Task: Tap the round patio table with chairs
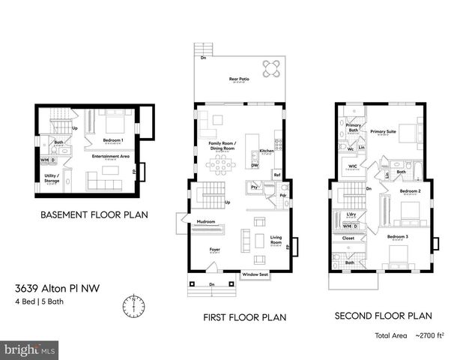(273, 69)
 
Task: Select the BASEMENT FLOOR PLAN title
(94, 214)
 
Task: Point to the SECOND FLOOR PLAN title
(383, 316)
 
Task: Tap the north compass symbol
(133, 306)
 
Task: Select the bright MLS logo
(30, 349)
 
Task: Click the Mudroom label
(206, 222)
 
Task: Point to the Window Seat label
(255, 275)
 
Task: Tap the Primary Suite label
(383, 131)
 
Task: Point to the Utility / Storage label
(52, 178)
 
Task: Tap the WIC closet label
(351, 166)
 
